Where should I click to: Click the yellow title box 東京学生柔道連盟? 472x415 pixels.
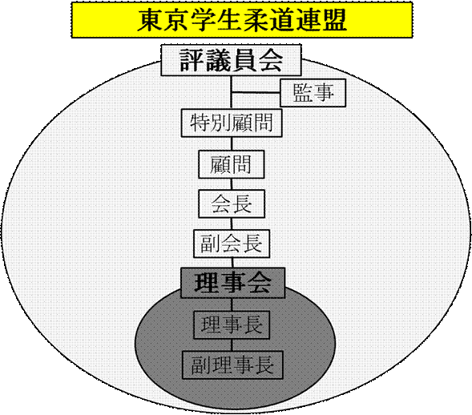point(242,20)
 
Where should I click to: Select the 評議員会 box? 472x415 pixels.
point(231,60)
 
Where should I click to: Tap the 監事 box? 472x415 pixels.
point(313,93)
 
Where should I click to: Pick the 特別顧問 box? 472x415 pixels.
point(232,123)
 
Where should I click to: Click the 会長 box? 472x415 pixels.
point(232,203)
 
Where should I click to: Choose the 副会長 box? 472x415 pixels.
point(232,244)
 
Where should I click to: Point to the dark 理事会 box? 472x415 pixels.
point(232,283)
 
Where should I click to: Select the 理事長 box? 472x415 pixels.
point(232,325)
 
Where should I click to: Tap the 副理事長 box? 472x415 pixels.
point(232,365)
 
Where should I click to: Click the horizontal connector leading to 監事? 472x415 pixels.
point(256,92)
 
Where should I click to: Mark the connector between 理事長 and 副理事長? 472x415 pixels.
point(232,344)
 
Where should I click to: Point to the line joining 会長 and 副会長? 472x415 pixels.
point(232,224)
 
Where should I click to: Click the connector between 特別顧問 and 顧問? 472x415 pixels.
point(232,144)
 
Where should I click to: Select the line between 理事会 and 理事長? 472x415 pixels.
point(232,304)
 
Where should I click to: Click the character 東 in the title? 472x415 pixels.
point(151,20)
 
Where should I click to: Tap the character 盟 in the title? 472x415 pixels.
point(333,20)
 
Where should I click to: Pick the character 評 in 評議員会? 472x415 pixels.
point(192,60)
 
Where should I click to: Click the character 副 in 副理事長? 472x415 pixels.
point(200,365)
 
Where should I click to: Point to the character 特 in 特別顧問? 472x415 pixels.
point(200,123)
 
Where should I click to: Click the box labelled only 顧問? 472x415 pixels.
point(232,164)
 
